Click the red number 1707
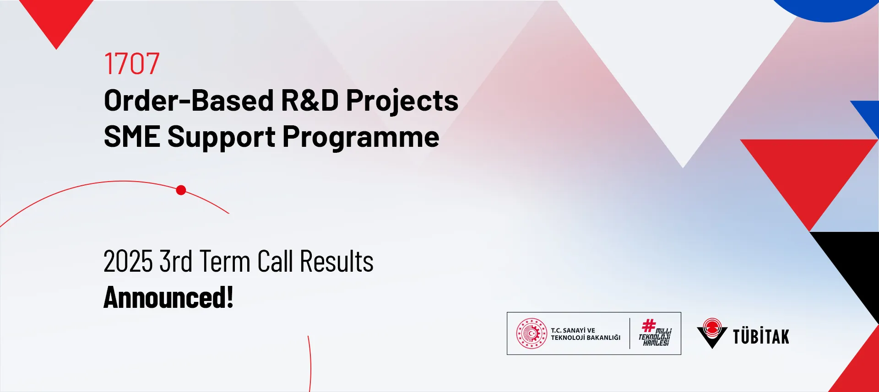click(x=132, y=64)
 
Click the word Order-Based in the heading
click(x=189, y=100)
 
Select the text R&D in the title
click(x=309, y=100)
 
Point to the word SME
click(x=132, y=137)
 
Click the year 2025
click(x=128, y=262)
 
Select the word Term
click(x=225, y=262)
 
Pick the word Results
click(x=336, y=262)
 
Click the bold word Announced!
click(x=168, y=297)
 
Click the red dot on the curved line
click(x=181, y=190)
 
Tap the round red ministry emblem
click(x=532, y=333)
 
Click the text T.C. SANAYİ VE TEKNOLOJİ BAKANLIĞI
click(x=586, y=334)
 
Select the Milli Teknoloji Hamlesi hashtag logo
click(x=655, y=333)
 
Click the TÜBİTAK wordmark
click(x=761, y=336)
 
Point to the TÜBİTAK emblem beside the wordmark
click(x=712, y=333)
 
